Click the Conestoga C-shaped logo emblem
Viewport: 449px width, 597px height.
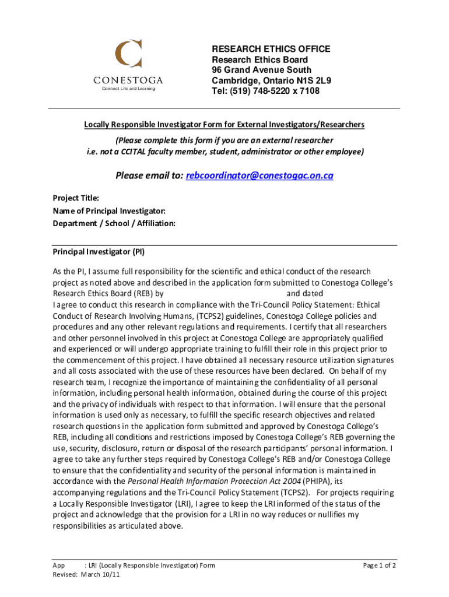pyautogui.click(x=129, y=54)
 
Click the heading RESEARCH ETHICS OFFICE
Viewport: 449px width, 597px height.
pyautogui.click(x=271, y=49)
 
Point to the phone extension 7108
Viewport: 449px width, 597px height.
pyautogui.click(x=307, y=91)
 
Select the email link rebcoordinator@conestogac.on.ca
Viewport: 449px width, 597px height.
pyautogui.click(x=259, y=175)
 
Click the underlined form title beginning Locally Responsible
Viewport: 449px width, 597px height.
pyautogui.click(x=224, y=125)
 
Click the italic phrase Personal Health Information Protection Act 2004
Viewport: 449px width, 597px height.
pyautogui.click(x=214, y=481)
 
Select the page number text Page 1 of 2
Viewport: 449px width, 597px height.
pyautogui.click(x=380, y=566)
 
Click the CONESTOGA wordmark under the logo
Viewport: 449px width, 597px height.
pyautogui.click(x=129, y=80)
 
